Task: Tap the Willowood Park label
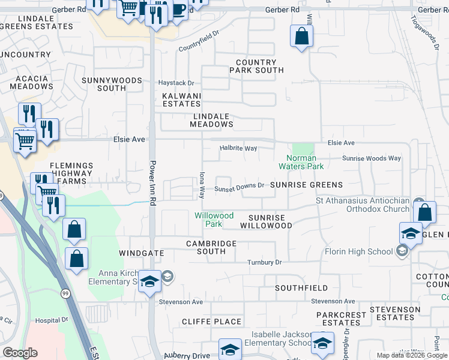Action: (214, 220)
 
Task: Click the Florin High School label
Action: (359, 251)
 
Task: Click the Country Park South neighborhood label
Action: (256, 66)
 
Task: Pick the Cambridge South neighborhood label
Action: (211, 247)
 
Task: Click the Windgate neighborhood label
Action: (142, 253)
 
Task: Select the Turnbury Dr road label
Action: (265, 262)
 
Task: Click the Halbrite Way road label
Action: (238, 148)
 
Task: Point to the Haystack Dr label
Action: (176, 83)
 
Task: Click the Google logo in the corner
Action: (20, 353)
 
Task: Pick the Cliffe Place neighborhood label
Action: (212, 322)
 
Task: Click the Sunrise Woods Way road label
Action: (371, 158)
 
